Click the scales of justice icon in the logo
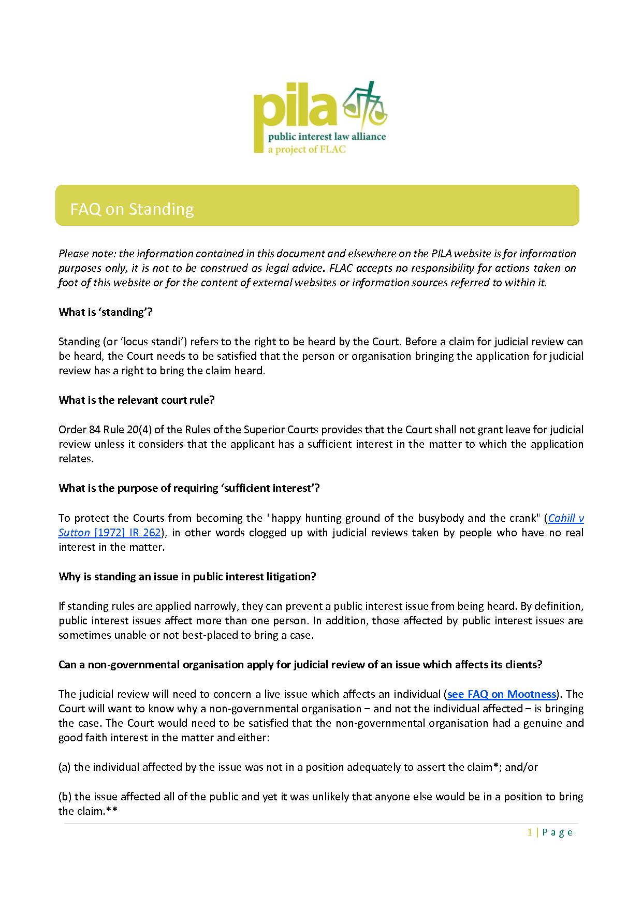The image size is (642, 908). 366,106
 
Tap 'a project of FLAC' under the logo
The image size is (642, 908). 299,150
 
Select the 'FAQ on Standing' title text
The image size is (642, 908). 132,209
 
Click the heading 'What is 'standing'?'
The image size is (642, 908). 106,312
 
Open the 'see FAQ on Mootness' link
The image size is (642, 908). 501,694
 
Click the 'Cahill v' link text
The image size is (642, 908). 565,518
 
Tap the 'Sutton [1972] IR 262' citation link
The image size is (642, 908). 110,533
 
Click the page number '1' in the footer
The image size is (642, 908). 530,832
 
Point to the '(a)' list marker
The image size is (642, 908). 65,767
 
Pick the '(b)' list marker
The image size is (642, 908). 65,797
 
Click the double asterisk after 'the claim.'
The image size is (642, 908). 112,811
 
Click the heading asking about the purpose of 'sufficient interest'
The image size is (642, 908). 189,488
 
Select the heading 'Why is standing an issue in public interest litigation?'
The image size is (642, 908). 187,577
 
